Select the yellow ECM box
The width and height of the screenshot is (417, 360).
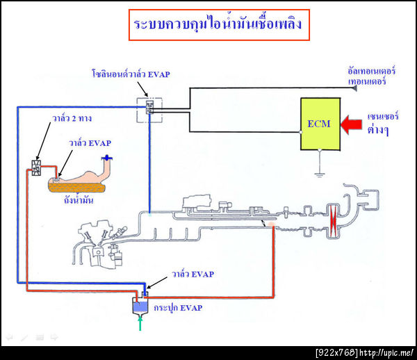coord(320,124)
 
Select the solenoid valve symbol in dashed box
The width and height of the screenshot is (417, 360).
coord(149,108)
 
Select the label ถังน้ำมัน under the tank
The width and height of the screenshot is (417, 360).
coord(77,200)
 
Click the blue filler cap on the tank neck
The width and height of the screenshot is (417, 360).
coord(106,159)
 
